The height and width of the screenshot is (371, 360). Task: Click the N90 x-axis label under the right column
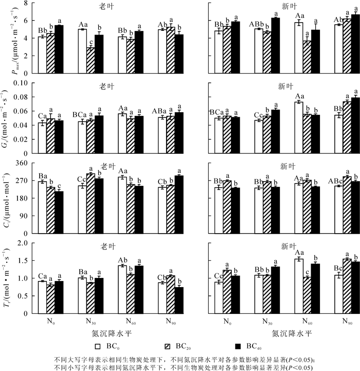point(347,321)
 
